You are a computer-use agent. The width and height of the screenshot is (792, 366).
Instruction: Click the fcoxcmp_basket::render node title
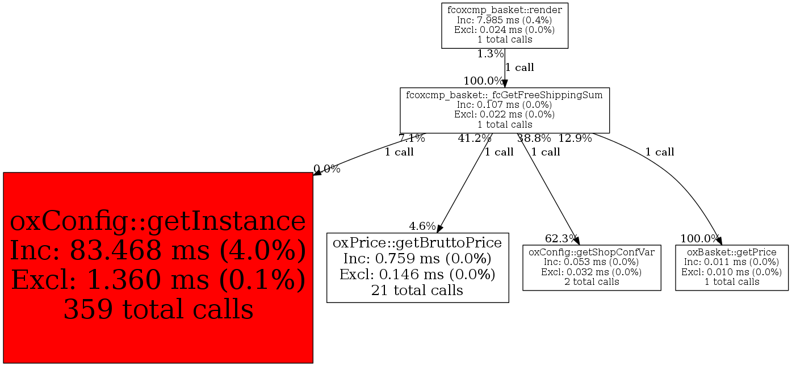(x=505, y=10)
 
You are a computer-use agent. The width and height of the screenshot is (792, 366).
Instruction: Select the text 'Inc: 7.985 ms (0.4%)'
(x=505, y=20)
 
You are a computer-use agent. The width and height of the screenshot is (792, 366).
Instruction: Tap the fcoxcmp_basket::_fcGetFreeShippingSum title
(x=505, y=95)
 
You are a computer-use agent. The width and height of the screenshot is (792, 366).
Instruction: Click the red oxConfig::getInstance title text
(x=158, y=221)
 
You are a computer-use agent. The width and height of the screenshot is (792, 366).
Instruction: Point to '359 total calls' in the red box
(x=158, y=309)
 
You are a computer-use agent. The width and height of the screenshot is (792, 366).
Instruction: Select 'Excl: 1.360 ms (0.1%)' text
(x=158, y=280)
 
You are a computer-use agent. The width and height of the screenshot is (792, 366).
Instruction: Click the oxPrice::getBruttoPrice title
(x=417, y=243)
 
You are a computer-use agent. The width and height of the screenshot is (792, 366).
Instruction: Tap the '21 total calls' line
(x=417, y=291)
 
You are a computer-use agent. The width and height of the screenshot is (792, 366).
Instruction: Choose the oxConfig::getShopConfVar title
(x=592, y=252)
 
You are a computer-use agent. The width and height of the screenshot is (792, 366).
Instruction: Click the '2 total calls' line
(x=592, y=281)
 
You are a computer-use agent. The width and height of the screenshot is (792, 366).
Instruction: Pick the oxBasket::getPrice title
(x=731, y=252)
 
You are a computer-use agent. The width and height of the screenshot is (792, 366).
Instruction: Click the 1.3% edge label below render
(x=491, y=54)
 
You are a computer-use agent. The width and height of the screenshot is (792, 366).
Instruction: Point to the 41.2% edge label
(x=475, y=138)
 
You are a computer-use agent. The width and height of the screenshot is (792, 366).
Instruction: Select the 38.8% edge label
(x=534, y=138)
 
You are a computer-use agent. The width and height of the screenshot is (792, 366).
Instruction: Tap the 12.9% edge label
(x=575, y=138)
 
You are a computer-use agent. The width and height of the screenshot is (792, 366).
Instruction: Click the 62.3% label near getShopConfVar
(x=561, y=238)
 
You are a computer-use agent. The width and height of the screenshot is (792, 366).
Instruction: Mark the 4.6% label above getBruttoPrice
(x=422, y=226)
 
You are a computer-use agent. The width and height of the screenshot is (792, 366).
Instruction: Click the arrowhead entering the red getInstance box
(x=317, y=173)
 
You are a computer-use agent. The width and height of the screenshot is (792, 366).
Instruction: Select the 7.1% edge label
(x=412, y=138)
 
